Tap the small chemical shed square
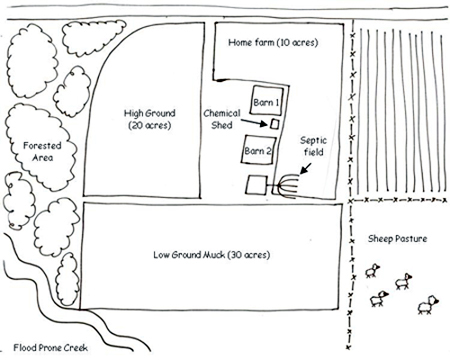[274, 124]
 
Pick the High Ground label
[149, 112]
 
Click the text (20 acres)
[149, 127]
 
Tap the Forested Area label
[36, 151]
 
